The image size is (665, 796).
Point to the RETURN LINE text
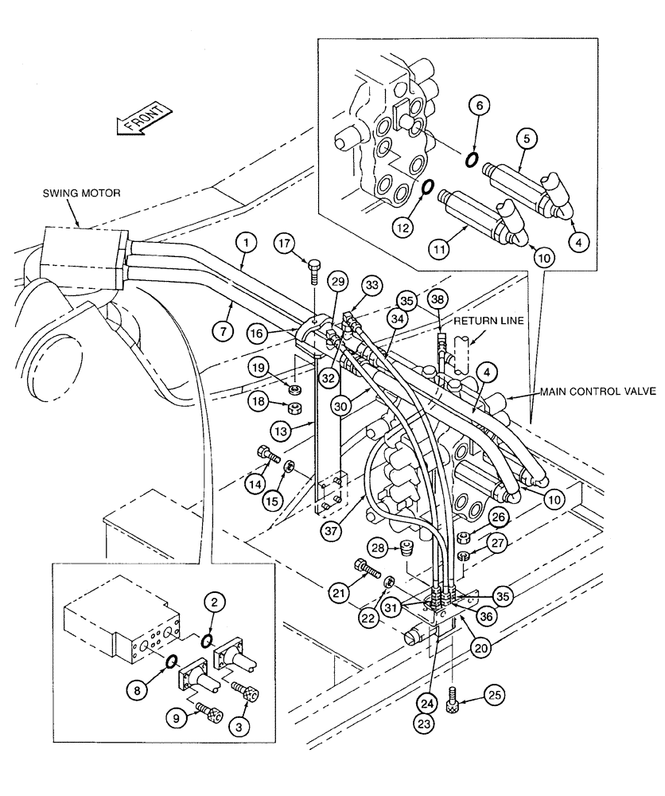[x=484, y=322]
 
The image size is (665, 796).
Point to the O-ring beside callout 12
[x=426, y=187]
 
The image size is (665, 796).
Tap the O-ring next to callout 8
[x=171, y=661]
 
